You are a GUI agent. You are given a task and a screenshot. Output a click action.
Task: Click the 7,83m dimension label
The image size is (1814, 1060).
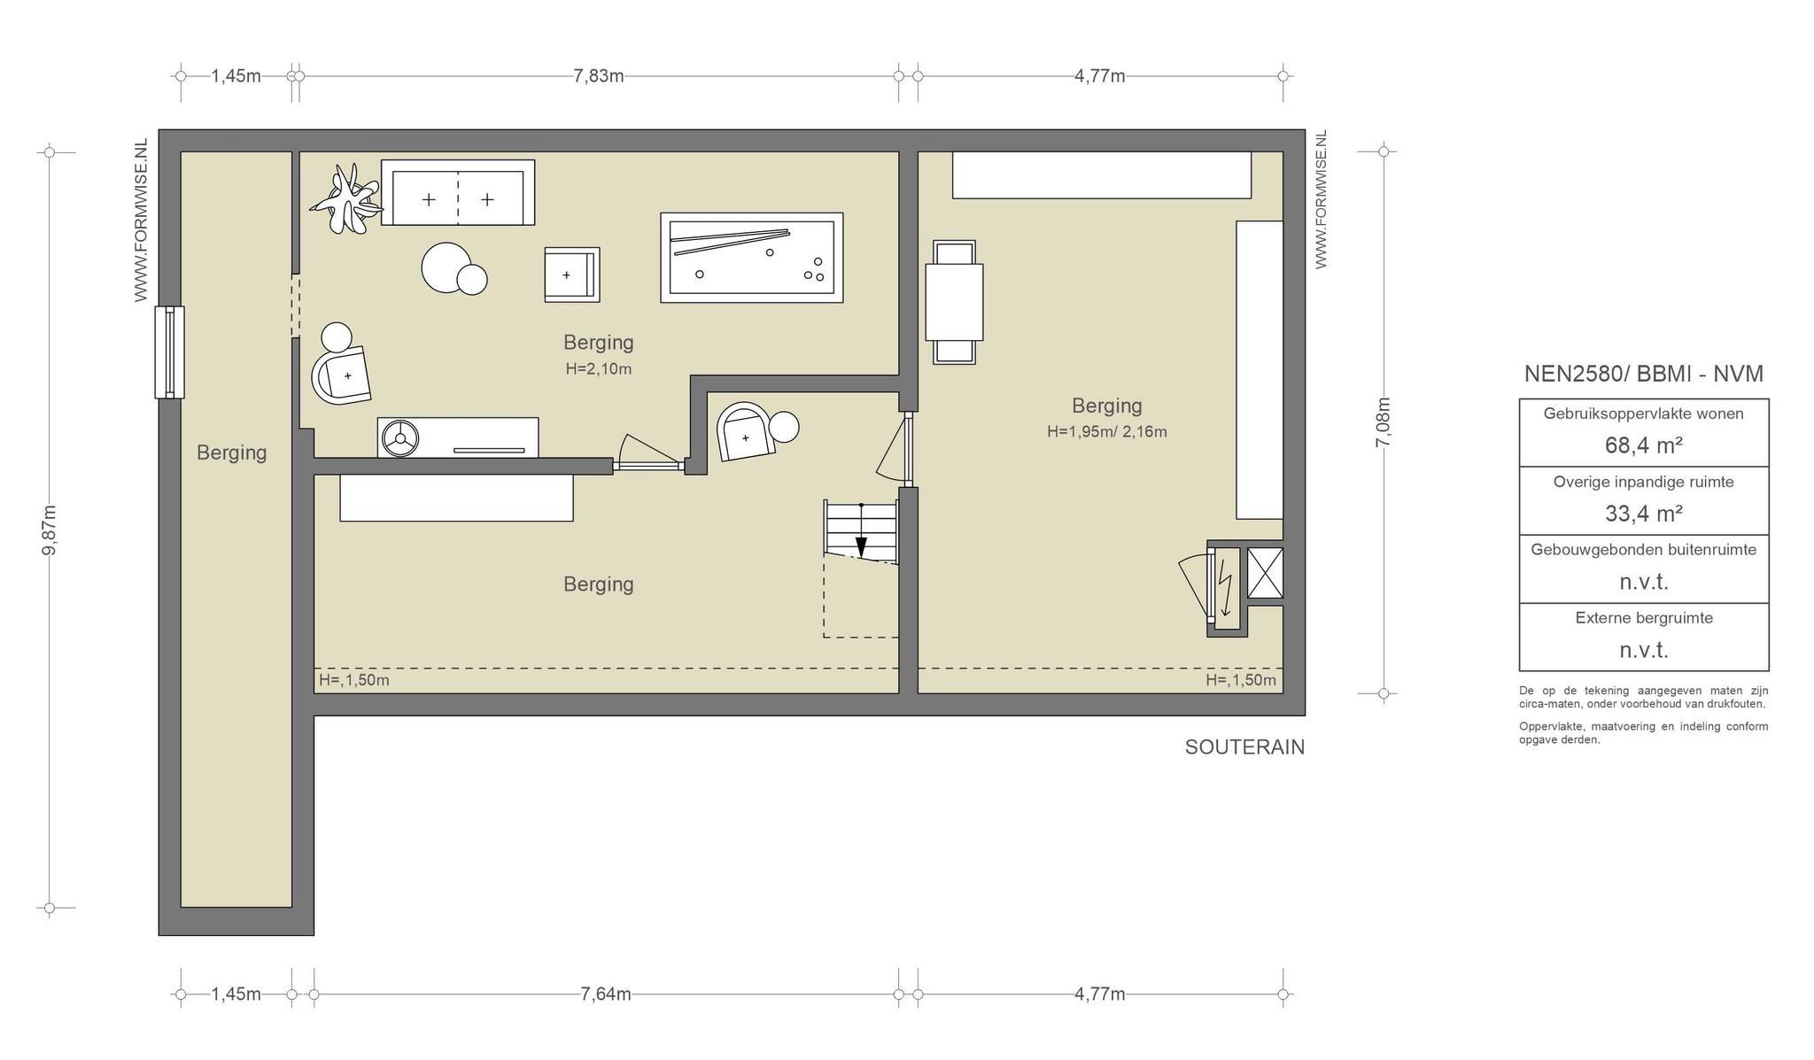point(599,76)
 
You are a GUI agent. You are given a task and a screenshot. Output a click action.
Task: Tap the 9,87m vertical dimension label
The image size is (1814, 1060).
point(50,530)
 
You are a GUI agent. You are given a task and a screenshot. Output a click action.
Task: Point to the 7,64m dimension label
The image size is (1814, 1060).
point(606,994)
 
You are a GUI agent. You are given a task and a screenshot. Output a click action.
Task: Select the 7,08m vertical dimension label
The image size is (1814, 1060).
point(1383,422)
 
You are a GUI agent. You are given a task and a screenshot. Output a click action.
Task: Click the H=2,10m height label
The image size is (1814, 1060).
point(599,369)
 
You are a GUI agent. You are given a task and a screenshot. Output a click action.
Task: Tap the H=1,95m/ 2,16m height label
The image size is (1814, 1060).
point(1107,432)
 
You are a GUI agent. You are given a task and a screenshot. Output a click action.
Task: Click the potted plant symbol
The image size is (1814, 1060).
point(346,200)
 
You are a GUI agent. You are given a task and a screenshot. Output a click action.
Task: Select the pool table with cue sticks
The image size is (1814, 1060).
point(752,258)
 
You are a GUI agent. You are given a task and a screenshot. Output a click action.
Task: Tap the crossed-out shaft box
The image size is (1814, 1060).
point(1265,573)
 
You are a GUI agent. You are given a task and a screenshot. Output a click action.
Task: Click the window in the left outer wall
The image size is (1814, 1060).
point(169,352)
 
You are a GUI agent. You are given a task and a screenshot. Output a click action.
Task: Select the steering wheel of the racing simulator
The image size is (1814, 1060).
point(400,437)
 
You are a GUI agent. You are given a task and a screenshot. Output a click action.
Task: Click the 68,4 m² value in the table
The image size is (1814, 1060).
point(1644,445)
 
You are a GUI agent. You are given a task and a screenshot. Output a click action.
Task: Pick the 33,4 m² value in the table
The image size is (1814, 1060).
point(1644,514)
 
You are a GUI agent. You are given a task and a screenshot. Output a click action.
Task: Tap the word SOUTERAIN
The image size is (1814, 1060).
point(1244,747)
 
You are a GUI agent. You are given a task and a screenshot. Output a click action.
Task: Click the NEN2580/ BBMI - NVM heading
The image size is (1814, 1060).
point(1644,374)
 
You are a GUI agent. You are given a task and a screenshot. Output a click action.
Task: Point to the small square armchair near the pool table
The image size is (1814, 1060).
point(571,275)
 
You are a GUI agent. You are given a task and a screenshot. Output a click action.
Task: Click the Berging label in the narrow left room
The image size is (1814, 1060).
point(231,453)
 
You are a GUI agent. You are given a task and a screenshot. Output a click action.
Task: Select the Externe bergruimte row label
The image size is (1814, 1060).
point(1644,618)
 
